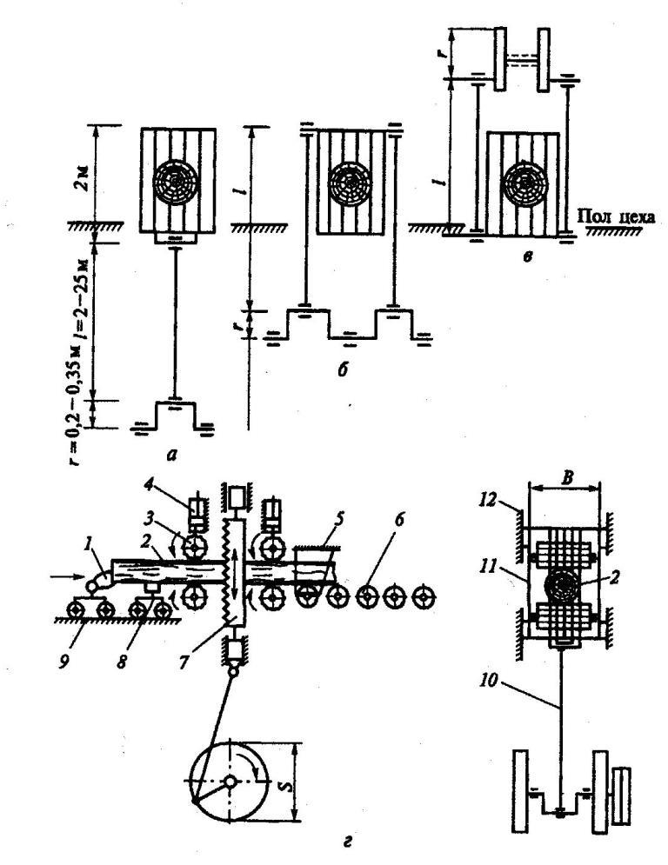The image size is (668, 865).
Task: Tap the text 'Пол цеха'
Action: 619,210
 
